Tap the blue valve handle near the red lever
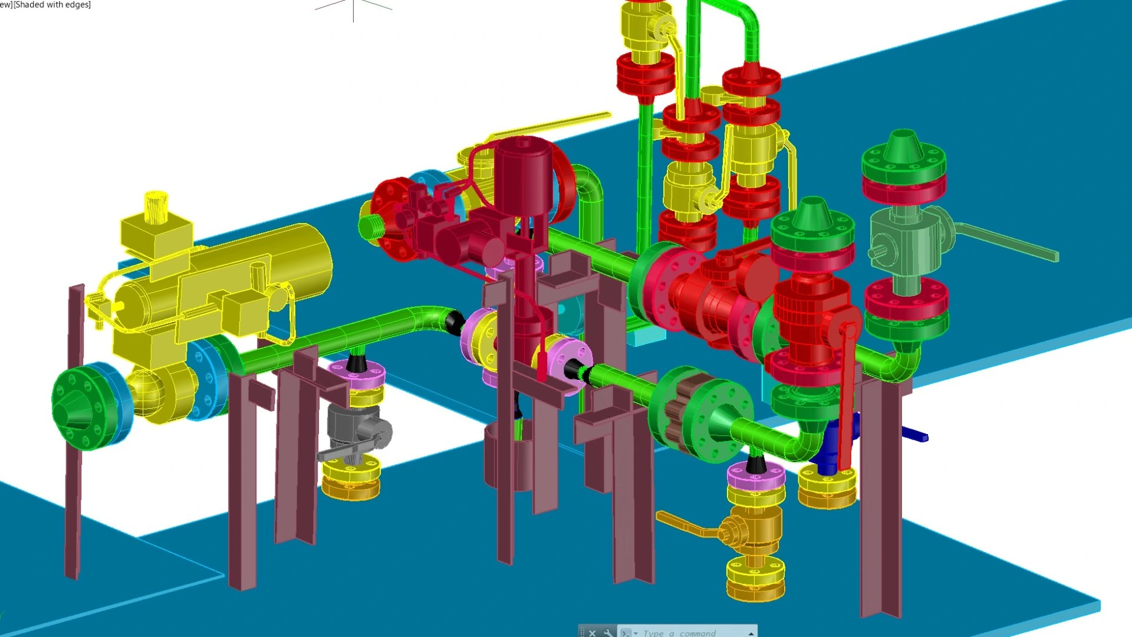(x=914, y=436)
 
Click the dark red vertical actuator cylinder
(x=522, y=171)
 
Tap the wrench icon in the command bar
(x=608, y=632)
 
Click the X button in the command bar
(x=593, y=632)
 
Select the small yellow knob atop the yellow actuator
(x=156, y=206)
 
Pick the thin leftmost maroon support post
(x=74, y=431)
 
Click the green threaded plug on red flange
(x=370, y=227)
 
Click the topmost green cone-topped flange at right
(x=903, y=156)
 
